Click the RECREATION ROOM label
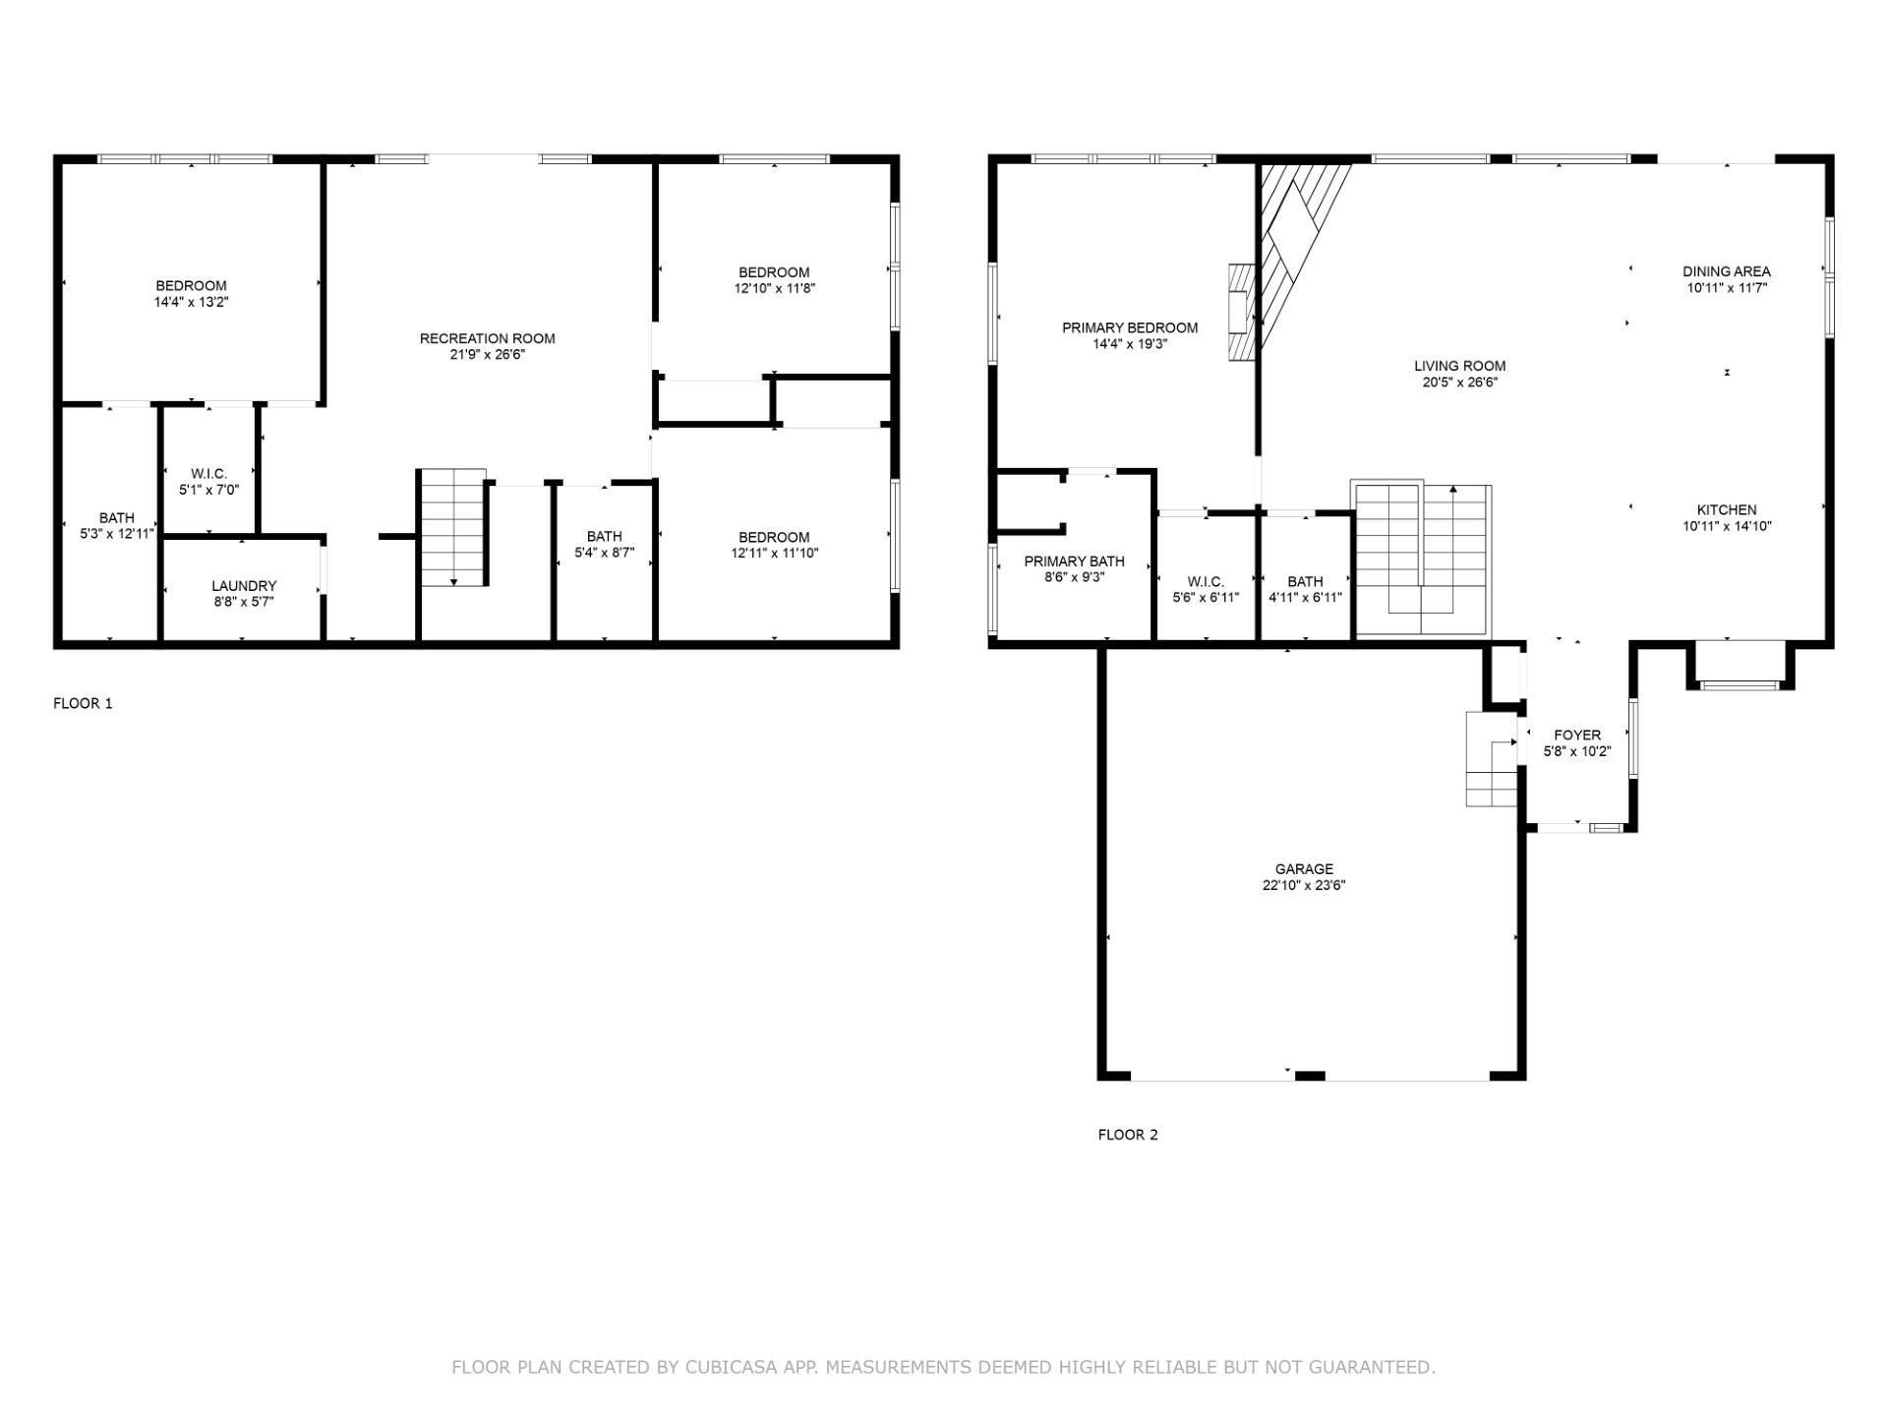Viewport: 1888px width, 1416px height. tap(487, 338)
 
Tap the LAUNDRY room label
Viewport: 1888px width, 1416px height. tap(244, 586)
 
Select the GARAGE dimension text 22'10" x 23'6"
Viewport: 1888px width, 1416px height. tap(1304, 885)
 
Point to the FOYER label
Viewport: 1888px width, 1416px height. tap(1577, 735)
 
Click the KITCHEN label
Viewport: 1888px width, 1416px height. tap(1727, 509)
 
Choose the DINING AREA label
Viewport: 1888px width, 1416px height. tap(1727, 271)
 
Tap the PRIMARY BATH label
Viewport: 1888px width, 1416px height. tap(1074, 561)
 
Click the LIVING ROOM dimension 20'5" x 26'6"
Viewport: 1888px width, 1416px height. tap(1459, 383)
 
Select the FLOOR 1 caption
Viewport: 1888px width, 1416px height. tap(83, 703)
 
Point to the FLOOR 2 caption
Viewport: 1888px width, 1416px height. tap(1128, 1135)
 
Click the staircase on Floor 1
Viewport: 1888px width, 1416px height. tap(454, 528)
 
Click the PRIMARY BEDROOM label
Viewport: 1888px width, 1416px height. tap(1130, 327)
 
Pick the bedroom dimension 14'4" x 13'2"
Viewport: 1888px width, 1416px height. tap(191, 302)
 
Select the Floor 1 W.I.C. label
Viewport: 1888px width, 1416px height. tap(208, 473)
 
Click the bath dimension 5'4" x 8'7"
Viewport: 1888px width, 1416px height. tap(604, 553)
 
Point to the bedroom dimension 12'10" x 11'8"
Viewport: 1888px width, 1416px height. tap(774, 288)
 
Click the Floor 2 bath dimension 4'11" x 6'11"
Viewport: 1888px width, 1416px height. tap(1305, 597)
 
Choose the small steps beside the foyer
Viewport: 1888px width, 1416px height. tap(1492, 759)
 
